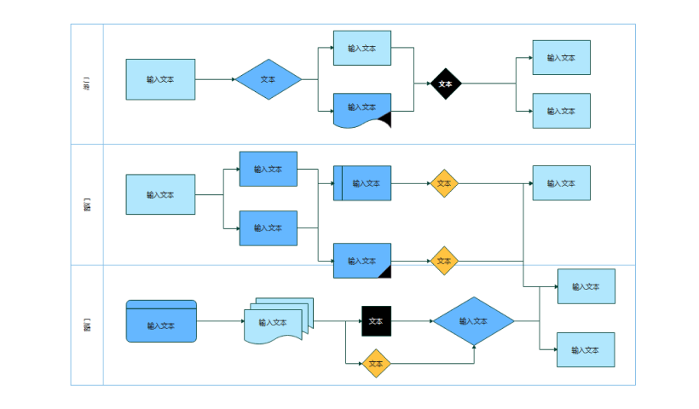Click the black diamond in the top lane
point(445,84)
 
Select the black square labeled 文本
point(376,321)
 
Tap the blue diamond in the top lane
point(269,79)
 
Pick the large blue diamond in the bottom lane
point(474,321)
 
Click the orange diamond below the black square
point(376,364)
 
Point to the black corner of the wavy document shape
point(384,120)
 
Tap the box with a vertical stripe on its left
point(362,183)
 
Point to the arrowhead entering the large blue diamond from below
point(474,348)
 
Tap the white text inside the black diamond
point(445,84)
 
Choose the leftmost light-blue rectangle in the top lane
point(160,79)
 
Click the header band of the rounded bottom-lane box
point(161,305)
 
